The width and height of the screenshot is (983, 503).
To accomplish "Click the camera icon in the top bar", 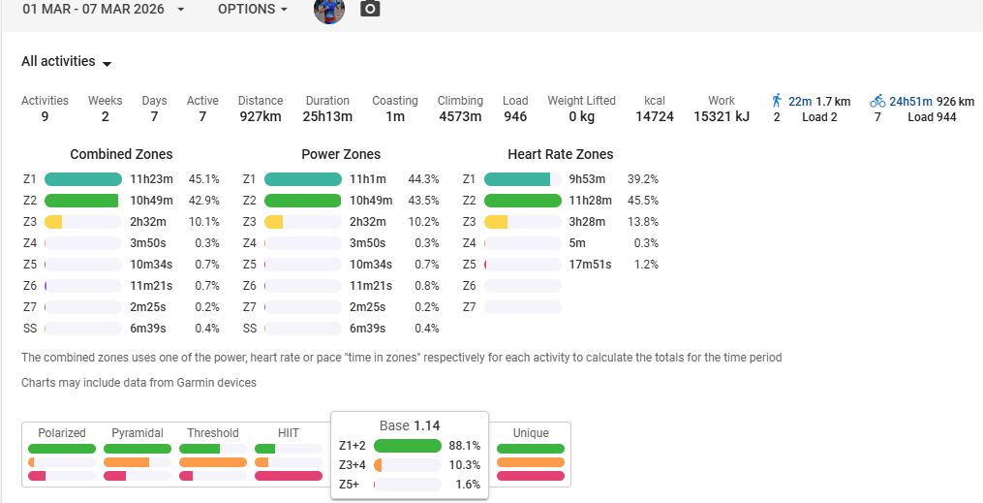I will point(370,10).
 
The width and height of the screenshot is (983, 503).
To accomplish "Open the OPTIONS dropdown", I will point(253,9).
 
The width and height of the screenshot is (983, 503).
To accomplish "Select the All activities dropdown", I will point(66,62).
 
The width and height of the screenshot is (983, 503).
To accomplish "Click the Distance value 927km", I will point(261,117).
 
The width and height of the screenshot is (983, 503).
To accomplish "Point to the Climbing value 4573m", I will point(460,117).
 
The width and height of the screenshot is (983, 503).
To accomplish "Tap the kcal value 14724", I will point(655,117).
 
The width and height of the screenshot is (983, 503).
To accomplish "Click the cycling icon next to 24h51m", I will point(877,101).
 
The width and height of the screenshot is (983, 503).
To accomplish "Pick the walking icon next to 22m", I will point(777,101).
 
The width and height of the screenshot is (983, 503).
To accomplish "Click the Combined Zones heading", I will point(121,154).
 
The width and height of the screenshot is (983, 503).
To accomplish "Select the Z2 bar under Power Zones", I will point(302,201).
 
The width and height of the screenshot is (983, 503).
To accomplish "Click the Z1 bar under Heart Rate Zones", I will point(522,179).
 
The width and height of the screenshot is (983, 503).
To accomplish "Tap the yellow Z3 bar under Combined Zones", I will point(54,222).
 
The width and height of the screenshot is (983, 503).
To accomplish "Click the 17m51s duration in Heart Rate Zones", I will point(588,265).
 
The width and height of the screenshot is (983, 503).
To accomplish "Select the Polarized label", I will point(62,433).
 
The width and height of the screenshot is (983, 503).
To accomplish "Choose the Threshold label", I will point(213,433).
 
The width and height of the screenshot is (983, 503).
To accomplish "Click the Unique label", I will point(531,433).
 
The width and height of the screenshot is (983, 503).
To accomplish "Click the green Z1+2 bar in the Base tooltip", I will point(407,446).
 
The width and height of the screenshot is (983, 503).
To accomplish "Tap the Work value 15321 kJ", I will point(722,117).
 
